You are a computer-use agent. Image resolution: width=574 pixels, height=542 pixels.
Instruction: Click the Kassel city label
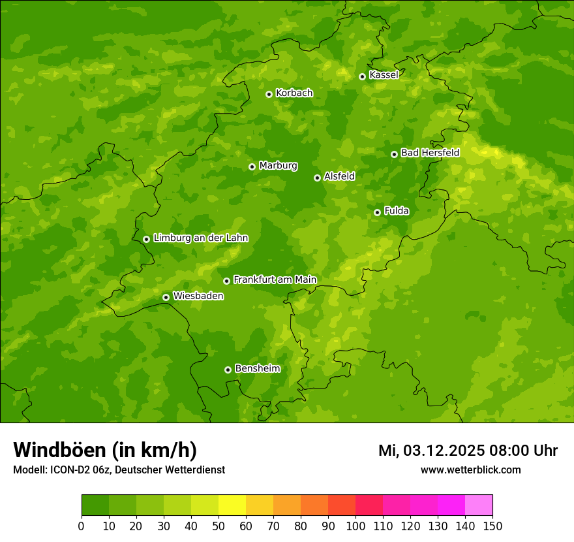click(x=384, y=75)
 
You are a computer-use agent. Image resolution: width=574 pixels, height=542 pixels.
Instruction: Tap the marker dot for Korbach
click(x=269, y=94)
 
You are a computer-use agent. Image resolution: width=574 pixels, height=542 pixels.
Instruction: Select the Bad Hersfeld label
click(x=430, y=153)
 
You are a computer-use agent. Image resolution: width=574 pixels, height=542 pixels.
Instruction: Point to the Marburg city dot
click(x=252, y=167)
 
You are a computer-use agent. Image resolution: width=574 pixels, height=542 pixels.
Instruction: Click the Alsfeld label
click(x=339, y=176)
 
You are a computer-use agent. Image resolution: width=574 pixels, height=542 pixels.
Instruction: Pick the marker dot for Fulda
click(x=377, y=212)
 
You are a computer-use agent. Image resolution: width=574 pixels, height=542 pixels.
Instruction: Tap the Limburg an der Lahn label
click(x=200, y=238)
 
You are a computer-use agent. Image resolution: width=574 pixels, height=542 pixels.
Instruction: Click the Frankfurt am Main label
click(x=275, y=279)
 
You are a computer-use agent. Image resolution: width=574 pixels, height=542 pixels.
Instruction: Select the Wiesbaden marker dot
click(x=166, y=297)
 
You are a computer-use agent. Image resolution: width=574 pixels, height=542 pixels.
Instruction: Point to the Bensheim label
click(x=257, y=368)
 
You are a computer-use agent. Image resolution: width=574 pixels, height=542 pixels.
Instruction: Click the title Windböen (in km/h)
click(x=105, y=450)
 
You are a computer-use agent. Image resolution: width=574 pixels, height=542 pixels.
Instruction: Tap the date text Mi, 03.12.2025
click(x=430, y=451)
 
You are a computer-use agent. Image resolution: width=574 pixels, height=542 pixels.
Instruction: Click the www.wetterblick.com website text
click(x=470, y=470)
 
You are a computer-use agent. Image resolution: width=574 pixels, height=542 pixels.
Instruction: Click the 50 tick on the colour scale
click(x=219, y=526)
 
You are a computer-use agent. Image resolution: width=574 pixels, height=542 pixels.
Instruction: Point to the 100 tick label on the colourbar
click(x=355, y=526)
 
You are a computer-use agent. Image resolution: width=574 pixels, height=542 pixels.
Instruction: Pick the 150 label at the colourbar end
click(x=492, y=526)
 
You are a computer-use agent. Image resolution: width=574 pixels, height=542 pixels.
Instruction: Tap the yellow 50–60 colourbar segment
click(x=232, y=505)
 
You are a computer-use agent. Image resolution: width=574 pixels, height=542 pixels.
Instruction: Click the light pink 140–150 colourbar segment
click(x=479, y=505)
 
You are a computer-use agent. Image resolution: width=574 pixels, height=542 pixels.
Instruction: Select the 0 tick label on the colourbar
click(x=82, y=526)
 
